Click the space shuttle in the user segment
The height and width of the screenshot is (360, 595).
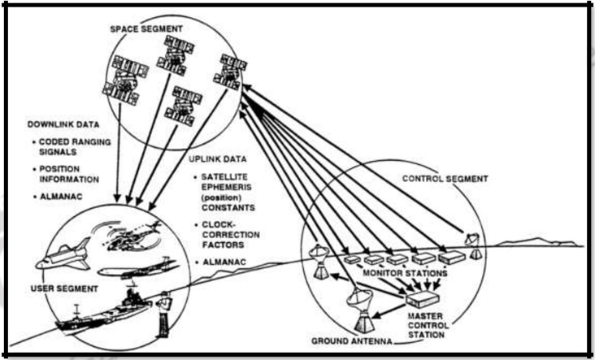coord(63,259)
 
